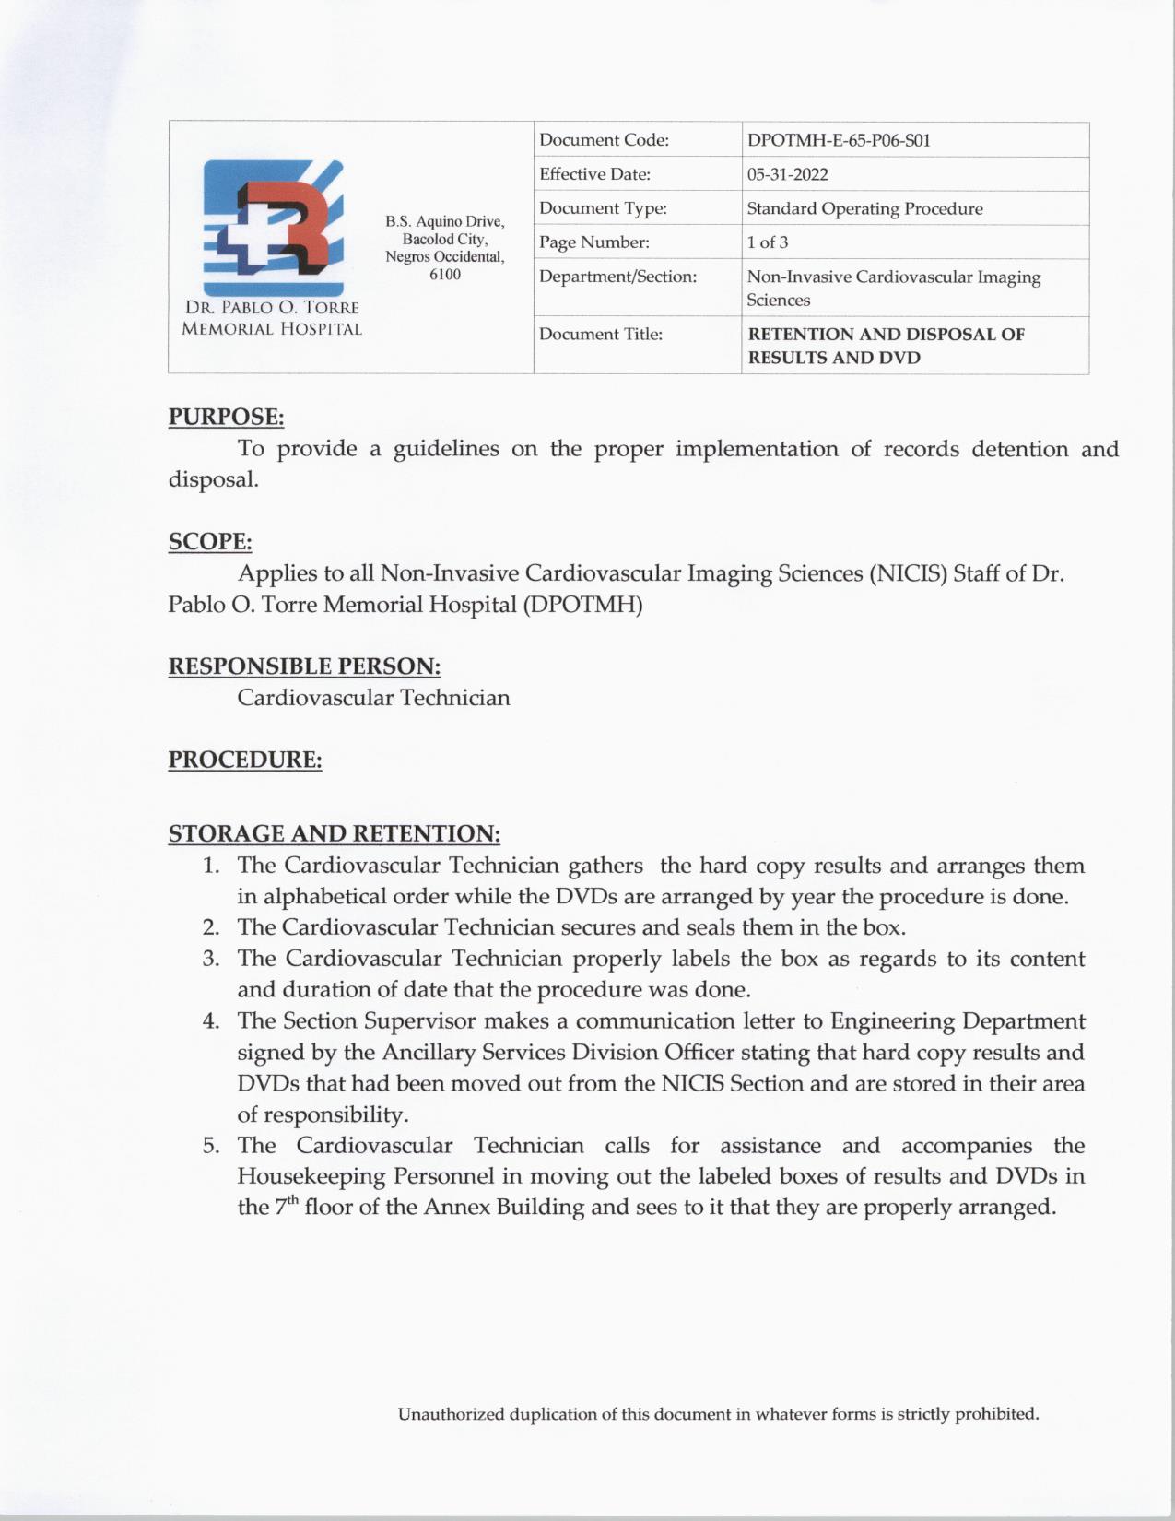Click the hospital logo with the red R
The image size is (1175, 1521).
coord(273,227)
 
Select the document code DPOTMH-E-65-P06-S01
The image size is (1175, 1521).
coord(838,140)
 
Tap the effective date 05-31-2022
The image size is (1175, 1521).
coord(787,174)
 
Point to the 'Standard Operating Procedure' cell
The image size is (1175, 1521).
coord(864,208)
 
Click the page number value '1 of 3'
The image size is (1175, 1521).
coord(767,242)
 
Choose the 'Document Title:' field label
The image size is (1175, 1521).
coord(600,334)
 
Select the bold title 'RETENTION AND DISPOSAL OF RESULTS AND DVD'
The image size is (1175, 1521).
coord(885,346)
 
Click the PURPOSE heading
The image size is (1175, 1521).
coord(226,417)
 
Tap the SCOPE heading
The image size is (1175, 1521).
coord(209,541)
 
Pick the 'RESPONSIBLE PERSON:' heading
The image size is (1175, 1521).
coord(304,666)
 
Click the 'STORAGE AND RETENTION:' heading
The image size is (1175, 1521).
coord(334,833)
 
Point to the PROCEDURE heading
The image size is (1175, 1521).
coord(244,760)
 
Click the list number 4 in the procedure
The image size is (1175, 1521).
coord(211,1021)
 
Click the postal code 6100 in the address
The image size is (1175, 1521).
coord(444,275)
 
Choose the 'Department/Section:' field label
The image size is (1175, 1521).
coord(617,277)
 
